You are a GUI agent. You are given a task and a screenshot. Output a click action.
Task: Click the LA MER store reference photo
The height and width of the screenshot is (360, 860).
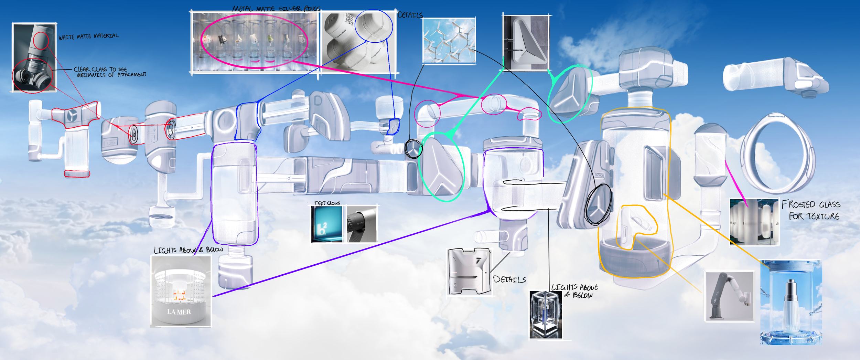point(181,291)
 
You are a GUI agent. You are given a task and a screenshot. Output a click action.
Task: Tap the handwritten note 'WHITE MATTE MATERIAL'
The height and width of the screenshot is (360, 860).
point(88,36)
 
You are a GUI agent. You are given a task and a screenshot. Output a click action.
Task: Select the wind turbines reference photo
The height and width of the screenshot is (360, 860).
point(449,41)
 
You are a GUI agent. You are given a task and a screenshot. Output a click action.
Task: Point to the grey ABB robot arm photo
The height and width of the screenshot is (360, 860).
point(729,296)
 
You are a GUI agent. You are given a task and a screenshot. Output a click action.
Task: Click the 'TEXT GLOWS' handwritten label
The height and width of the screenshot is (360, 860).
point(327,203)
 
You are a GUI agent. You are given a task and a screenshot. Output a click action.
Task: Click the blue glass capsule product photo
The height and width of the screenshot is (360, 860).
point(791,303)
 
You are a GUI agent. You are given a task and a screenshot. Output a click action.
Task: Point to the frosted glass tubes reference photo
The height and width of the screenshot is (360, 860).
point(754,222)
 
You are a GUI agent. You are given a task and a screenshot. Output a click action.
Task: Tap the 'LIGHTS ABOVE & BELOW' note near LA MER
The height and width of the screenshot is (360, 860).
point(188,250)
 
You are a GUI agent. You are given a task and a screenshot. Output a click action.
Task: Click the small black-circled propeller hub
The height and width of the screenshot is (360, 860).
point(413,149)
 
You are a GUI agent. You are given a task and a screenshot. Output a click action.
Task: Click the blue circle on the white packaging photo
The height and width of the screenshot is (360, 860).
point(374,26)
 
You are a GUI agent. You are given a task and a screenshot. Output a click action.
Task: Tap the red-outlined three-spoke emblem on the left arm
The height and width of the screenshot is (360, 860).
point(73,115)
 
